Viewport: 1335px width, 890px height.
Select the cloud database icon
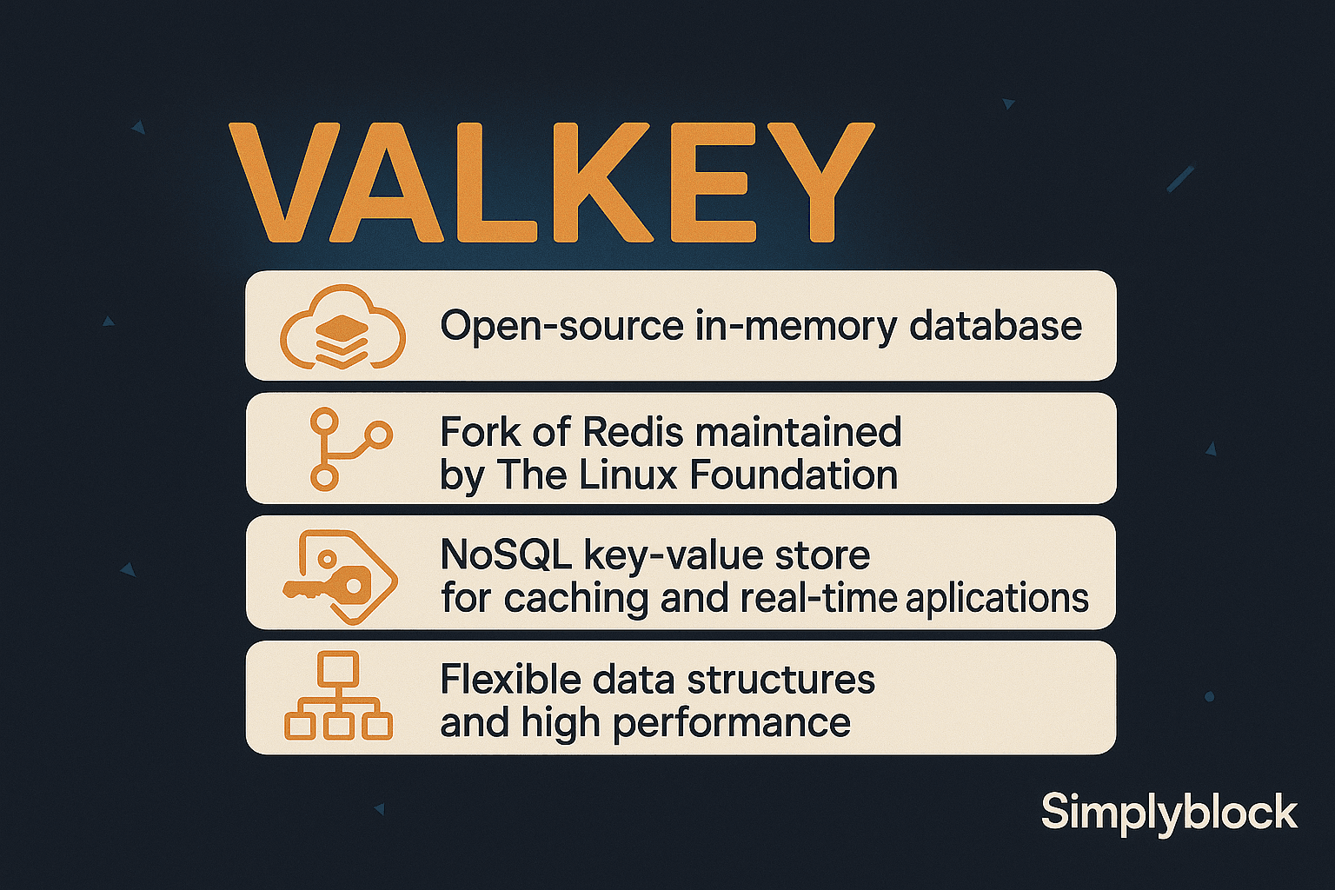[x=342, y=327]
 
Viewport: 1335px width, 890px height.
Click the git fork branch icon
[x=348, y=448]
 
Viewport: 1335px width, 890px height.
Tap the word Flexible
[x=509, y=680]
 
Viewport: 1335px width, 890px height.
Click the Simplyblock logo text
[x=1169, y=813]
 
